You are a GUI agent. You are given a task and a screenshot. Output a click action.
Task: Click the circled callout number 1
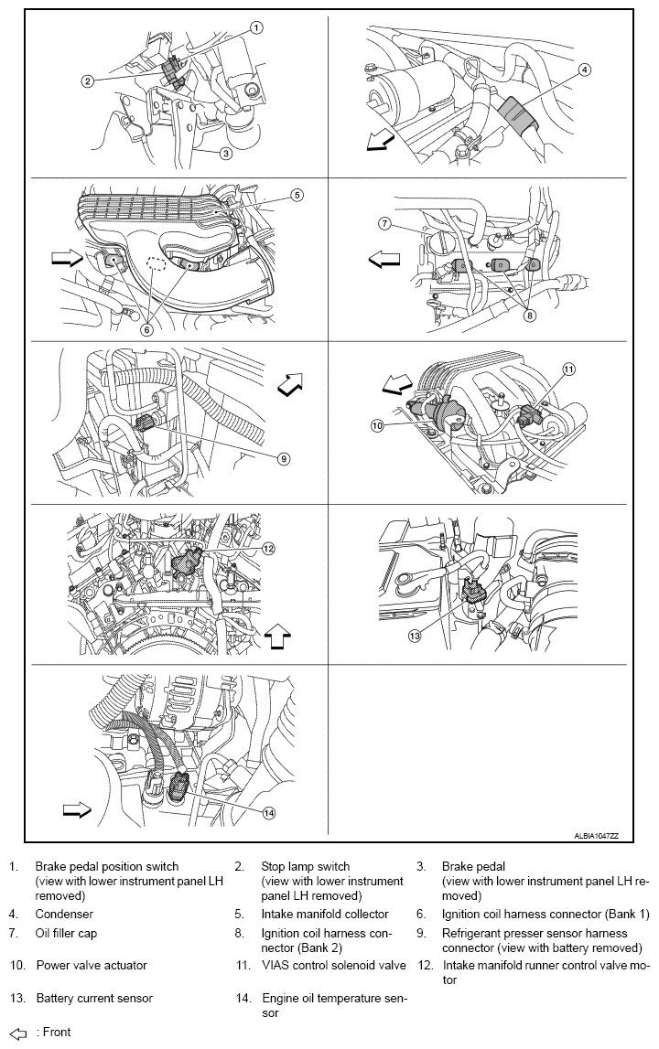(x=256, y=27)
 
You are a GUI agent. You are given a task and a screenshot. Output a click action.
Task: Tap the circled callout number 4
(x=585, y=70)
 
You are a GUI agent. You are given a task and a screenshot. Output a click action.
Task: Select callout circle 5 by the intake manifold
(x=297, y=195)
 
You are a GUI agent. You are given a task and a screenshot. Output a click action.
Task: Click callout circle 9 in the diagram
(x=283, y=458)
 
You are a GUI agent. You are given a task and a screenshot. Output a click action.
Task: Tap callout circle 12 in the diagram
(x=268, y=549)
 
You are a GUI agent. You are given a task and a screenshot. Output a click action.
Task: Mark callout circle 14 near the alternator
(x=269, y=811)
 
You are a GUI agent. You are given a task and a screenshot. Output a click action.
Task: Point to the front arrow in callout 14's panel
(x=76, y=809)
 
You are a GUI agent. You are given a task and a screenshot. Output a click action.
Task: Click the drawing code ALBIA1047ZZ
(x=596, y=836)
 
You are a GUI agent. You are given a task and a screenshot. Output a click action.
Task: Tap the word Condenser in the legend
(x=64, y=914)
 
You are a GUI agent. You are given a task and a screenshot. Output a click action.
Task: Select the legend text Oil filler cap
(x=66, y=934)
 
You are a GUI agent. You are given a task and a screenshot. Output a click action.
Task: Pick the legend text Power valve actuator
(x=92, y=965)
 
